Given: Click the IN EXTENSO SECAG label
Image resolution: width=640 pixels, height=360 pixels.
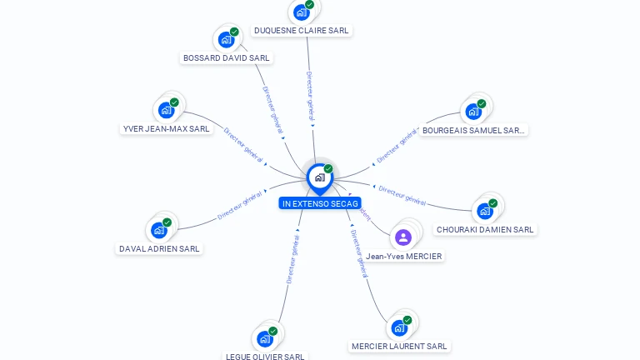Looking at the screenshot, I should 320,203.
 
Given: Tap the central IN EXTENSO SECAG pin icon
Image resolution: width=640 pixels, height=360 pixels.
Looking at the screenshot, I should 319,177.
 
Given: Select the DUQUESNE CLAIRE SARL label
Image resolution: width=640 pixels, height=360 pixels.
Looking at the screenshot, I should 301,31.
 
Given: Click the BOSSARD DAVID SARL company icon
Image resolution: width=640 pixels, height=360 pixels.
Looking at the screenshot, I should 226,39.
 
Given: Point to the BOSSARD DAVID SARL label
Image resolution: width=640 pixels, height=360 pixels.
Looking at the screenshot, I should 226,58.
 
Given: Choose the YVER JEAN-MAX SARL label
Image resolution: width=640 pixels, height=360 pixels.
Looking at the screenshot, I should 166,129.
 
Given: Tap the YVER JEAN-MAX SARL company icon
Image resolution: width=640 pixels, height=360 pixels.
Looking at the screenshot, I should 167,110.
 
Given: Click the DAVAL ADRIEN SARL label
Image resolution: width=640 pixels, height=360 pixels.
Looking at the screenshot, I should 159,248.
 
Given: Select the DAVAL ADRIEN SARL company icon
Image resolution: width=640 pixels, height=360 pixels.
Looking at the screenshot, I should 158,230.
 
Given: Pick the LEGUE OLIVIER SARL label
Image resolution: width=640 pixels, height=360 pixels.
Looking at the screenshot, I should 265,357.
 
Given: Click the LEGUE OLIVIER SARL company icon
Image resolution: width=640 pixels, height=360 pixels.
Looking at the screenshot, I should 265,338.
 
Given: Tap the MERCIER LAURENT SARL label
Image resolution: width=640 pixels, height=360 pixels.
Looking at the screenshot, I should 399,346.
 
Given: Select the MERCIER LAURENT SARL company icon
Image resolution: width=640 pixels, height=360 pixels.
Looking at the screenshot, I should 399,327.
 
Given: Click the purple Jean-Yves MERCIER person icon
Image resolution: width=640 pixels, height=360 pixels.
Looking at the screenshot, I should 403,237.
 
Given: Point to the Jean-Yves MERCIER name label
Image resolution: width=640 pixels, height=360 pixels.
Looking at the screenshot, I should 404,257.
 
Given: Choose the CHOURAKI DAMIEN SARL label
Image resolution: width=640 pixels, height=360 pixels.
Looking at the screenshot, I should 485,230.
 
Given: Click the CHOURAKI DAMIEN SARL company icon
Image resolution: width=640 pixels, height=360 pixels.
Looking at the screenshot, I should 485,211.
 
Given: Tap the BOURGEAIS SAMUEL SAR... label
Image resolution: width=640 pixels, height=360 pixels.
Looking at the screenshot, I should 473,130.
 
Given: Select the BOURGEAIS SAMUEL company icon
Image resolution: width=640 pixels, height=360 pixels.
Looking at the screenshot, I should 473,111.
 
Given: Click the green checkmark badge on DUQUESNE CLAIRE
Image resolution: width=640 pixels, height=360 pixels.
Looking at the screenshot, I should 309,5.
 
